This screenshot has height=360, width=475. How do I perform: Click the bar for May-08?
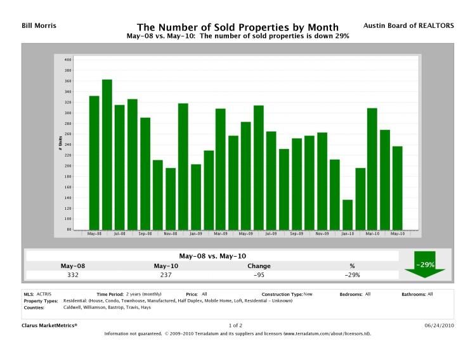point(94,162)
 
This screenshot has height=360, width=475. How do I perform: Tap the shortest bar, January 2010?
point(348,215)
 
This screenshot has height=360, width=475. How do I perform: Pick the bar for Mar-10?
point(372,169)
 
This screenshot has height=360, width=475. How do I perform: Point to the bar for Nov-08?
point(170,198)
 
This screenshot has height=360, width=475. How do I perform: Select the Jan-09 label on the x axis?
point(195,234)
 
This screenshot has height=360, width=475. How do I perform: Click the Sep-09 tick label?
point(297,234)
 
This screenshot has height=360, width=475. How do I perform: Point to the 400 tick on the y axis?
point(68,60)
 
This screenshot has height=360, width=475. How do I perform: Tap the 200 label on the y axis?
point(68,166)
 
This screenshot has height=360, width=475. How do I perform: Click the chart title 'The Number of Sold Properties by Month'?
point(237,27)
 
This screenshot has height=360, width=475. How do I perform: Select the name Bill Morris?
point(29,25)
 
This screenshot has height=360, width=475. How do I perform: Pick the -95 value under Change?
point(259,274)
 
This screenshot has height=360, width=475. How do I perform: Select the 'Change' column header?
point(259,266)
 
